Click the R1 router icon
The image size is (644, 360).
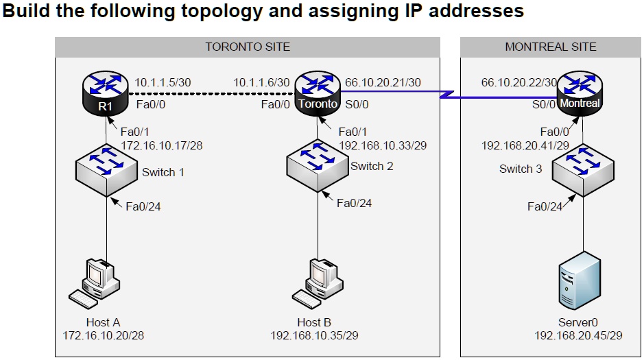pos(105,95)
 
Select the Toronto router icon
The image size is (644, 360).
pos(317,95)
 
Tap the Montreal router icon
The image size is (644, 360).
pos(580,95)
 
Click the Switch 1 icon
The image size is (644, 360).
pos(106,167)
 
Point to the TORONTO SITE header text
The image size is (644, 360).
pos(248,47)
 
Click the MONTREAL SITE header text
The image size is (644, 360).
pos(550,47)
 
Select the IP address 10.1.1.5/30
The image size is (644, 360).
pos(163,82)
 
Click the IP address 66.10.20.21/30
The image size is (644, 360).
pos(383,82)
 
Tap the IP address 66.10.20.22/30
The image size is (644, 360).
pos(518,82)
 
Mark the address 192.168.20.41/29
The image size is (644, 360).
pos(525,145)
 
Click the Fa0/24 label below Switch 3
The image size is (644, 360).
pos(545,206)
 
